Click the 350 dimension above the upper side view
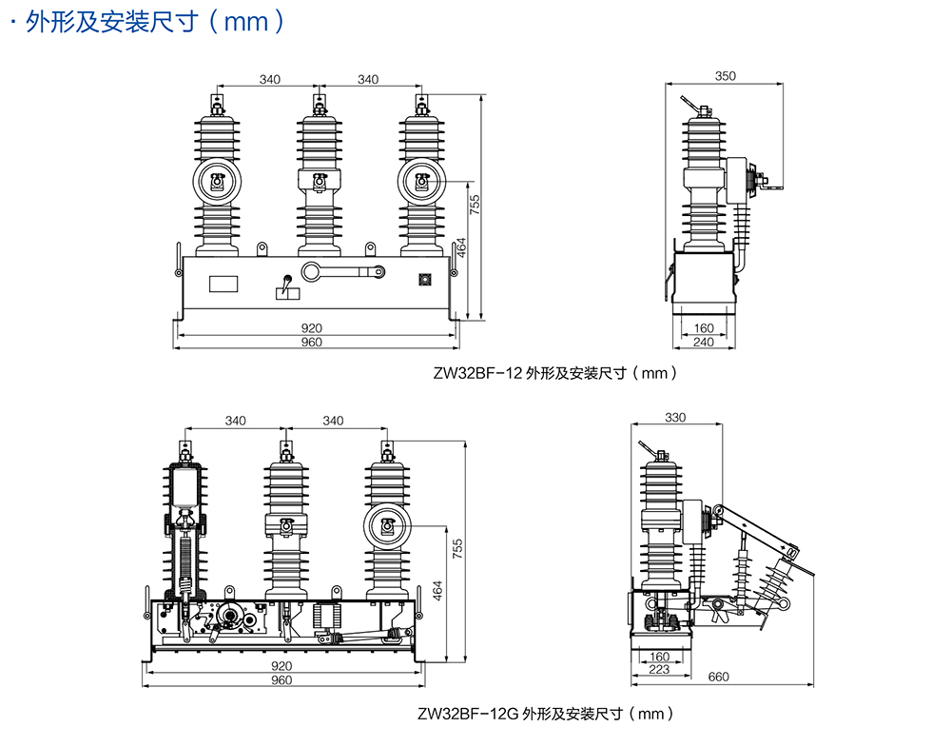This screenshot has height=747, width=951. coord(726,75)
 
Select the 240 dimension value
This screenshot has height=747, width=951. coord(704,342)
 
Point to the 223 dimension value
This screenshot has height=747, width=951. coord(659,669)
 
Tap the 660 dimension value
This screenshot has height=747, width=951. coord(719,677)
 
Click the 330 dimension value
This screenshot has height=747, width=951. coord(674,417)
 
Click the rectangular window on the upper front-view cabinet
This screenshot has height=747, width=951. coord(223,282)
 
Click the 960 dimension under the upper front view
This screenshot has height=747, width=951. coord(311,342)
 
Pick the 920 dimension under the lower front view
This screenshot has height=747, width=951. coord(281,666)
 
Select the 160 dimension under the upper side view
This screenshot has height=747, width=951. coord(704,328)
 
